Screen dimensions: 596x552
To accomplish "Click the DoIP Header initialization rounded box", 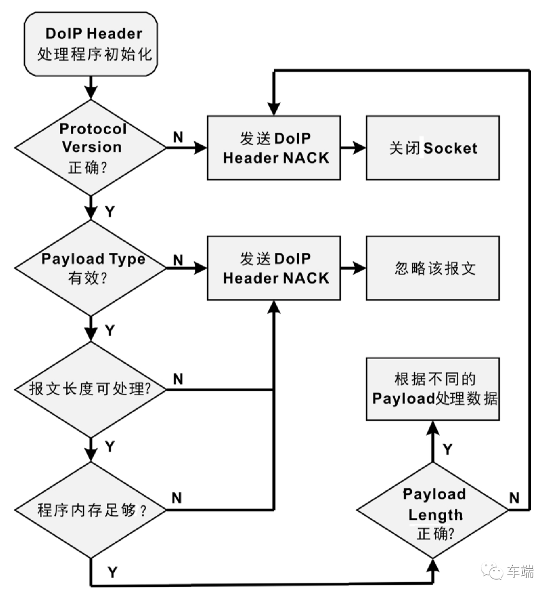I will click(91, 44).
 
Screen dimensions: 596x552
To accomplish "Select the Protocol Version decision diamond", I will click(90, 148).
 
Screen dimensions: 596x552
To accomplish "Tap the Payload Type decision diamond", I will click(90, 268).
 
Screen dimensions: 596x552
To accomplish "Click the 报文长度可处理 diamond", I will click(90, 389).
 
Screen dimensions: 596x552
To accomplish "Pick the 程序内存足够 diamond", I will click(90, 509).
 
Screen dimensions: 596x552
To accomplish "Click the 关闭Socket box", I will click(432, 148).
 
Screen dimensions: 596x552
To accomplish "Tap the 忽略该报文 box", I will click(432, 268).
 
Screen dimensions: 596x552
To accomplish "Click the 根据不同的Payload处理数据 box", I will click(432, 389).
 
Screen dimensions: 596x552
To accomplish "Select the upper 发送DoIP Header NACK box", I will click(273, 148).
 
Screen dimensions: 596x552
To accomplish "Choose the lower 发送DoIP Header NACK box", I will click(273, 268).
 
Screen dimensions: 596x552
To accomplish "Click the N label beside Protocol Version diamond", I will click(178, 137).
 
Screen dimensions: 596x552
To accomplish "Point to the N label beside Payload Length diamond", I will click(514, 497).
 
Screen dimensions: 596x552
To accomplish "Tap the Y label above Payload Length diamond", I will click(448, 449).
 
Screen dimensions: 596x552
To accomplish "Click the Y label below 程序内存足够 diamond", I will click(112, 572).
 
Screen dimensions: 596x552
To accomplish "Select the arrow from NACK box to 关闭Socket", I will click(353, 148).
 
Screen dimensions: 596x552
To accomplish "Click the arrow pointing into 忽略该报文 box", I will click(353, 268).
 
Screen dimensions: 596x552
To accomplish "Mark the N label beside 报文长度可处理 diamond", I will click(178, 378).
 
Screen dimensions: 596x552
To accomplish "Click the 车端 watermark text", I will click(520, 571).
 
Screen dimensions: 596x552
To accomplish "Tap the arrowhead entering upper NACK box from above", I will click(274, 109).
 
